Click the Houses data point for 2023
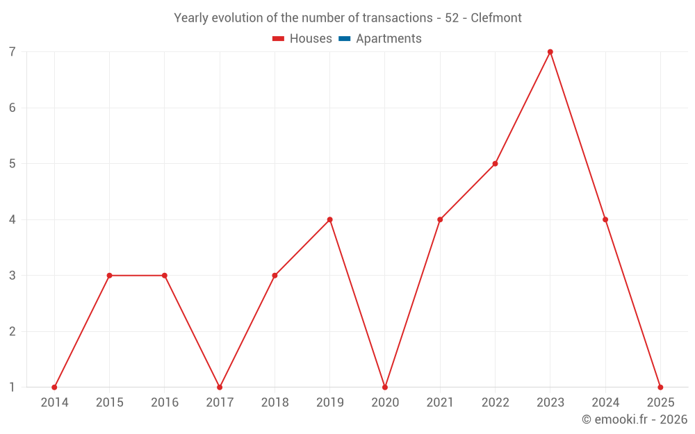(x=550, y=52)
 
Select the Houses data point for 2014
(x=54, y=387)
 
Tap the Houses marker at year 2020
(x=385, y=387)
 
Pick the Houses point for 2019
(x=329, y=219)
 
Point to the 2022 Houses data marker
(x=495, y=164)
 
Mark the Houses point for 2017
(x=220, y=387)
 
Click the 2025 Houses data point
(x=660, y=387)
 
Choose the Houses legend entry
(x=302, y=39)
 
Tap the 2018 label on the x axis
(x=275, y=403)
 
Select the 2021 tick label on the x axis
(x=440, y=403)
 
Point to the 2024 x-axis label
(x=605, y=403)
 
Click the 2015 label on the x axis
(x=109, y=403)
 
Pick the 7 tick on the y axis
(x=13, y=52)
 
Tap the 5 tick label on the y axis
(x=13, y=164)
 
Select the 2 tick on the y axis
(x=13, y=331)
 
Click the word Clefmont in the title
(x=496, y=18)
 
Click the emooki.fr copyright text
(x=635, y=419)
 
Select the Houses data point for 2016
(x=164, y=276)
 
